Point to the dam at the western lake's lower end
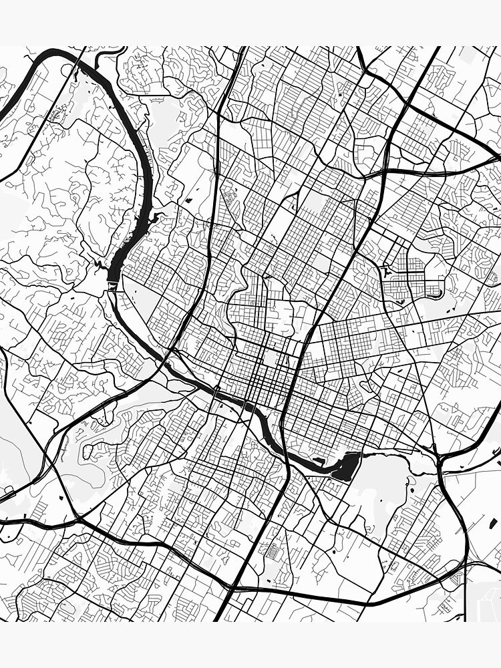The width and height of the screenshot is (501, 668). coord(111,286)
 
